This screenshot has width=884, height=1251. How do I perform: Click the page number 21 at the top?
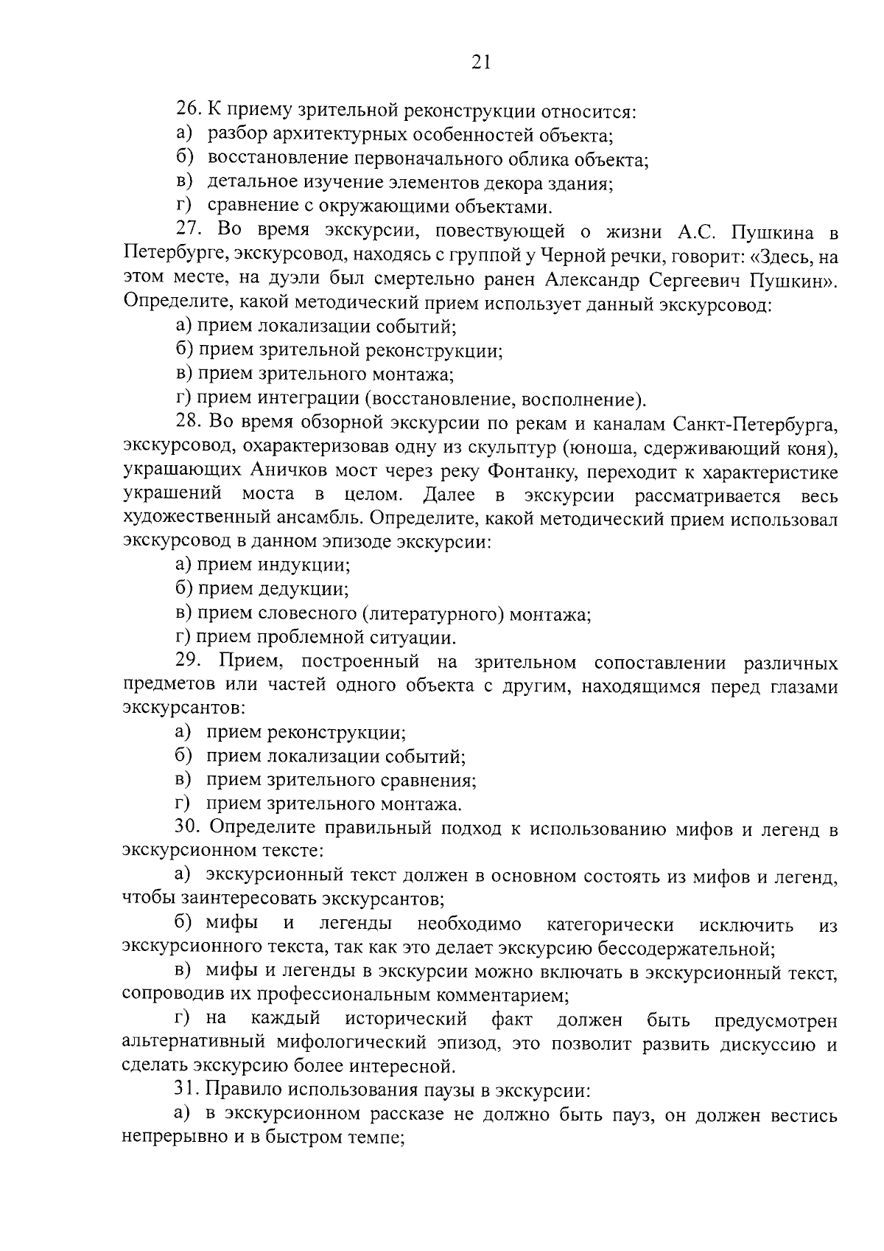[x=480, y=62]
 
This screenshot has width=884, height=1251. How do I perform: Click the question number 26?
[x=188, y=111]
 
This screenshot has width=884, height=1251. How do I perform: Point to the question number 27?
[x=188, y=231]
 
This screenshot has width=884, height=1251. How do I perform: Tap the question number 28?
[x=188, y=422]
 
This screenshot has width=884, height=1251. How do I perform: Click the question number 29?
[x=188, y=662]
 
